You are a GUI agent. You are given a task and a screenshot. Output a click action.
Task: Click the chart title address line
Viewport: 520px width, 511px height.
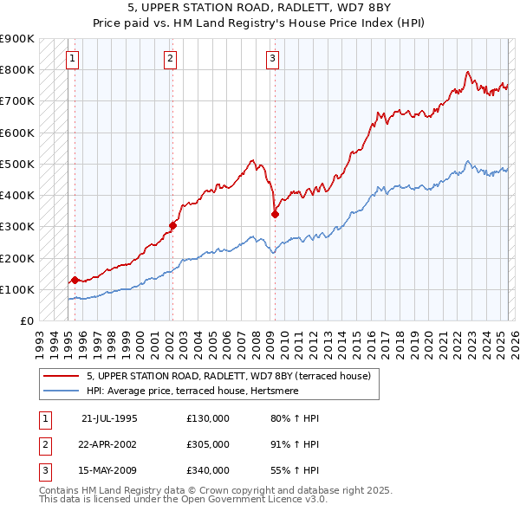[259, 9]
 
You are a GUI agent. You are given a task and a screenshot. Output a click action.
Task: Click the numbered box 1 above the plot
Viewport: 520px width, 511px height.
[71, 59]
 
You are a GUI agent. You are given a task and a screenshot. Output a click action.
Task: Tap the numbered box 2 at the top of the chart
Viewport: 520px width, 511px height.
[170, 59]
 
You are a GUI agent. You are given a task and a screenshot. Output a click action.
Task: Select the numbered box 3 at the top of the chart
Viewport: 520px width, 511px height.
[272, 59]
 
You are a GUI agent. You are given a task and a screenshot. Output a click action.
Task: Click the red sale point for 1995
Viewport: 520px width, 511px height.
[75, 280]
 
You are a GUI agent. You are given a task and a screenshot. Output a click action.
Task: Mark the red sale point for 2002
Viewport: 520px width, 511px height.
[172, 225]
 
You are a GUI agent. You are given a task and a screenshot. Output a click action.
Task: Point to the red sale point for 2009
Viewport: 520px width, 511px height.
[275, 214]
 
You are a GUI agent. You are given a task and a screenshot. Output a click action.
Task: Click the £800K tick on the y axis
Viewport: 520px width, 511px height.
[17, 70]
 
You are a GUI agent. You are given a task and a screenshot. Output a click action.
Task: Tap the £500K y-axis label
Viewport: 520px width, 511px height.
[17, 164]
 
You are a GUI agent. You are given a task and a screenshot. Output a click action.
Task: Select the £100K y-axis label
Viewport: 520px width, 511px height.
[17, 289]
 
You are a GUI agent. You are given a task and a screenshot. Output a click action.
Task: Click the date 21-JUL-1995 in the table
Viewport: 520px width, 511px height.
[109, 417]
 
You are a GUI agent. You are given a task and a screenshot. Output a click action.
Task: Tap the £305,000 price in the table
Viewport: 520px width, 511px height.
[208, 443]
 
